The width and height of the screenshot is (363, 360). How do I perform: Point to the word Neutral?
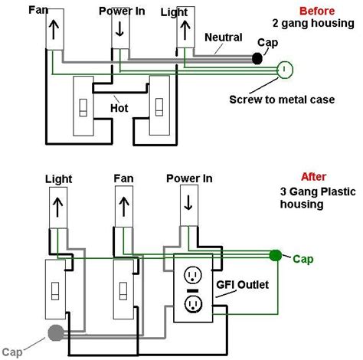pos(224,37)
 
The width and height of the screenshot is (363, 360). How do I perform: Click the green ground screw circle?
pos(284,70)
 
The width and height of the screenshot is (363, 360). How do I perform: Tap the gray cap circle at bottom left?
pos(54,332)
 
